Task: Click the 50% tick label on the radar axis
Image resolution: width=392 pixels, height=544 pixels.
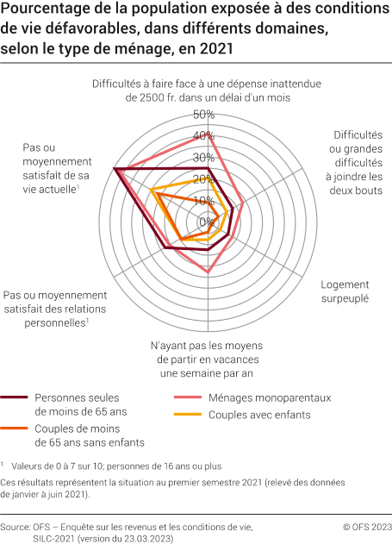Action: [203, 115]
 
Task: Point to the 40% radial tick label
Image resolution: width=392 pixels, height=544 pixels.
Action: [203, 136]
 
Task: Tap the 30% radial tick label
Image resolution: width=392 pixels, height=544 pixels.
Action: [203, 158]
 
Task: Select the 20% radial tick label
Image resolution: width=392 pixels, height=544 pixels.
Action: [203, 179]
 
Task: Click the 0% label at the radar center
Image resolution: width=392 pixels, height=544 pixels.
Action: [207, 222]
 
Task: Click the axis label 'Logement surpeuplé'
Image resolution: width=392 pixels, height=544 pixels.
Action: [345, 291]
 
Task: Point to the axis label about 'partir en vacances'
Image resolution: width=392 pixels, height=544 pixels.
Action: [207, 359]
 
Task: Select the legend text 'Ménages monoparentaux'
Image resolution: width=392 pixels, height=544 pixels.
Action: [269, 398]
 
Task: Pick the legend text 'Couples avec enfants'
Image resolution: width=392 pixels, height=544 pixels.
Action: [259, 415]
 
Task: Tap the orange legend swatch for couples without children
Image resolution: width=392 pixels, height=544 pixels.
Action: [16, 428]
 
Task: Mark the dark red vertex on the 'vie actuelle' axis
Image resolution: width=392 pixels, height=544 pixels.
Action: [115, 169]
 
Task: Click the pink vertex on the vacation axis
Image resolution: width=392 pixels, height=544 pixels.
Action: [208, 273]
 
